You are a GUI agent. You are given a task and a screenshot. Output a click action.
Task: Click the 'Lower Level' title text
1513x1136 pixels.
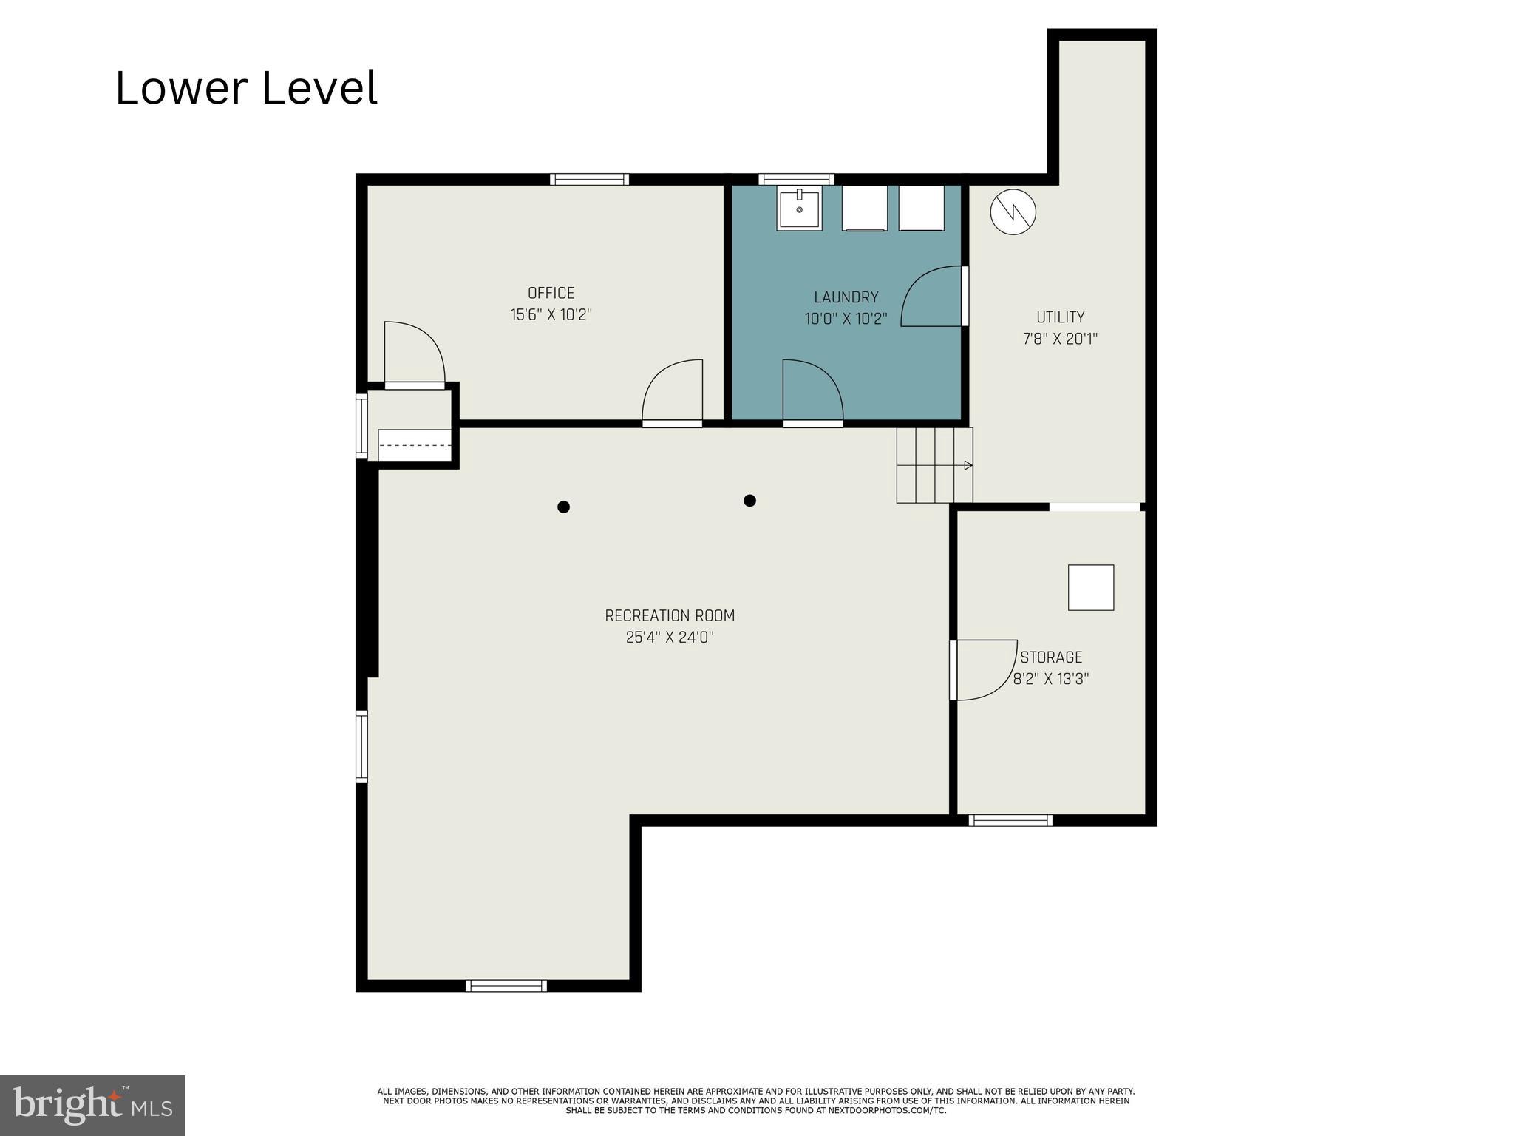[x=246, y=88]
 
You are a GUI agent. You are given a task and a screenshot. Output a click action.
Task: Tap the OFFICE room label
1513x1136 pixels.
[x=551, y=293]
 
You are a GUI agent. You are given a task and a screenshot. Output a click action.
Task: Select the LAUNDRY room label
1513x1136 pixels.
[x=846, y=297]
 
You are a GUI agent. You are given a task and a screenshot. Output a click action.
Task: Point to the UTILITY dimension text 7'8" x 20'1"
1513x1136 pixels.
[x=1060, y=339]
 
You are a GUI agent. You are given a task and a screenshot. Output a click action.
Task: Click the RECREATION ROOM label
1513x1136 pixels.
[x=670, y=615]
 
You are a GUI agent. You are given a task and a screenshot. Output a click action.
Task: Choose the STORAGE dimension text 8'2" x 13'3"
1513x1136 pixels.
[x=1050, y=679]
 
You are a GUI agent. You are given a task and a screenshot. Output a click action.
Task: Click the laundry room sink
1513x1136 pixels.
[x=799, y=208]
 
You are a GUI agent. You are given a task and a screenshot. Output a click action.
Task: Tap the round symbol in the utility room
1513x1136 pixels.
[x=1013, y=212]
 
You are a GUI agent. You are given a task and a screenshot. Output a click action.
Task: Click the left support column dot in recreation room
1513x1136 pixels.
[x=563, y=507]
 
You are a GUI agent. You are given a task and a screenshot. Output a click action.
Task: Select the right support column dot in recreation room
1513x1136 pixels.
[x=749, y=501]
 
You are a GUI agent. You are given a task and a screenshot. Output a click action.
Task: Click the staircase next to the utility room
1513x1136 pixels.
[x=934, y=465]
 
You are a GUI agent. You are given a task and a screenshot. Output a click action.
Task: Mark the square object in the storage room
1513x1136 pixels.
[x=1090, y=587]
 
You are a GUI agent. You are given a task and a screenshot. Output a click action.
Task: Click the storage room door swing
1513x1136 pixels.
[x=983, y=669]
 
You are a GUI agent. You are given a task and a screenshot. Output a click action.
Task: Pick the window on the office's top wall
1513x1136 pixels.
[x=589, y=179]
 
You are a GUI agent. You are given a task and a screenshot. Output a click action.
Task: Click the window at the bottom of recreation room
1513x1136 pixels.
[x=506, y=985]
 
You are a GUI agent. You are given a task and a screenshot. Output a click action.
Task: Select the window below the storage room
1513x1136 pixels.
[x=1010, y=819]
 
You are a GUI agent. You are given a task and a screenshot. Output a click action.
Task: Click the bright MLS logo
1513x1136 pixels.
[x=92, y=1105]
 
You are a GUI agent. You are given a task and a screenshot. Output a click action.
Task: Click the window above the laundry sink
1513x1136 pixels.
[x=796, y=179]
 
